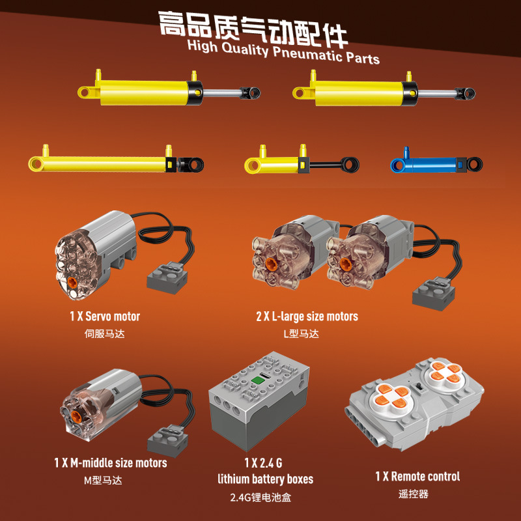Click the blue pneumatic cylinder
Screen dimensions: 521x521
436,164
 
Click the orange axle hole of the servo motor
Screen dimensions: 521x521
72,282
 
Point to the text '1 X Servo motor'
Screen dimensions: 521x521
105,317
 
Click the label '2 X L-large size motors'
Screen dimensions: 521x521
307,317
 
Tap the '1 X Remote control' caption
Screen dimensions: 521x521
417,477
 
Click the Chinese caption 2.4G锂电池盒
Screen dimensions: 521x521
261,498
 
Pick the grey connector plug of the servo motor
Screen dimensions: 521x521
167,278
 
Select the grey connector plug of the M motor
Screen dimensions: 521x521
168,441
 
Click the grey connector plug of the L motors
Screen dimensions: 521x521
433,294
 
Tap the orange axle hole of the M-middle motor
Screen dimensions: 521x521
77,415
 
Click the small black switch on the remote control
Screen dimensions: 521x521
419,387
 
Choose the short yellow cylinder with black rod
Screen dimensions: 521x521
302,162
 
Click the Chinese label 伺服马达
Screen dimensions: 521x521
105,333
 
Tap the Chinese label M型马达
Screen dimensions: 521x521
103,481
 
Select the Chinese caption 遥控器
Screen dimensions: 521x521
414,494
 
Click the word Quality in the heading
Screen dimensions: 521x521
245,49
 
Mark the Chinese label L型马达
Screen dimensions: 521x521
302,333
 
